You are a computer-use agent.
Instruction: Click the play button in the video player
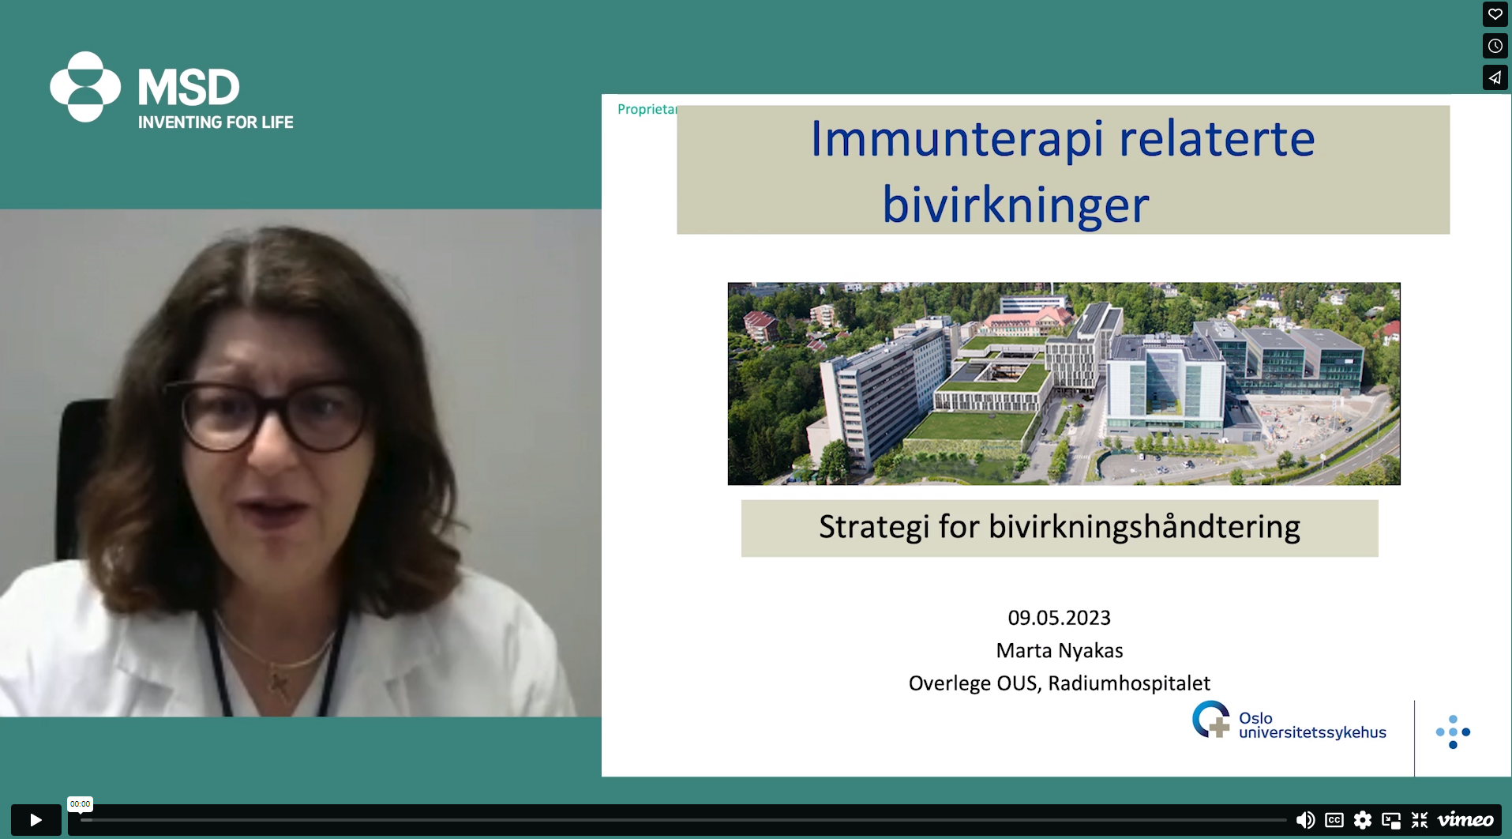pyautogui.click(x=36, y=820)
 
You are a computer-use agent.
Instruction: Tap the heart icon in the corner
pyautogui.click(x=1495, y=14)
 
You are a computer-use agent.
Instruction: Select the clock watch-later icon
pyautogui.click(x=1495, y=46)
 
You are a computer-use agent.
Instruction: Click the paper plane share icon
pyautogui.click(x=1495, y=77)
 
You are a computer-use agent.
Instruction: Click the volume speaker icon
pyautogui.click(x=1305, y=820)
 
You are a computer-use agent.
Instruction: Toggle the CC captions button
pyautogui.click(x=1334, y=820)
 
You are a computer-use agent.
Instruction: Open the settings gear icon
pyautogui.click(x=1363, y=820)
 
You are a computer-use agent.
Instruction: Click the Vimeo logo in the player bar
pyautogui.click(x=1465, y=820)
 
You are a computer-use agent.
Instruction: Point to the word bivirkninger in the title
pyautogui.click(x=1015, y=205)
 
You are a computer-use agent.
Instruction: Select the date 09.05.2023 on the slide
pyautogui.click(x=1059, y=618)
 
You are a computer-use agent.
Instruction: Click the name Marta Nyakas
pyautogui.click(x=1060, y=650)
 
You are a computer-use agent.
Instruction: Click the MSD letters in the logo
pyautogui.click(x=189, y=87)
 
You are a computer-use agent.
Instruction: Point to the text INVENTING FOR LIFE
pyautogui.click(x=216, y=122)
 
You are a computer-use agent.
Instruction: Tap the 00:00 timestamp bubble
pyautogui.click(x=80, y=804)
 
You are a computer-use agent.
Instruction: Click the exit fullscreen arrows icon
pyautogui.click(x=1420, y=820)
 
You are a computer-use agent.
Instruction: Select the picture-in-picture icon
pyautogui.click(x=1391, y=820)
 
